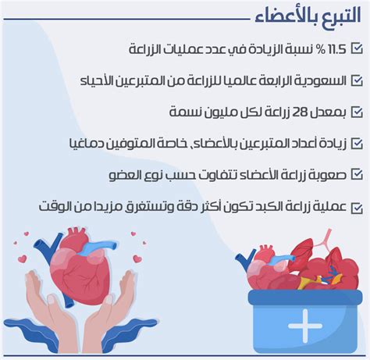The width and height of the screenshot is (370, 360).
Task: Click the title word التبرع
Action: point(342,16)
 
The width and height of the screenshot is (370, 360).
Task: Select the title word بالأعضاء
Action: point(286,16)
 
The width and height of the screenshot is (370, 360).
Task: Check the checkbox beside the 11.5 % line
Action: point(357,48)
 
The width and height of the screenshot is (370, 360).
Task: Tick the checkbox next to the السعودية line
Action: point(357,80)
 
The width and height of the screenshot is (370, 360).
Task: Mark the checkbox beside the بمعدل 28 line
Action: point(357,112)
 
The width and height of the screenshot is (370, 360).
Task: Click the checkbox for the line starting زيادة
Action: point(357,144)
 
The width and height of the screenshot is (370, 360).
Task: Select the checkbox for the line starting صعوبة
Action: point(357,174)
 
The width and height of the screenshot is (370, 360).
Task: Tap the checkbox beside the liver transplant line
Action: point(357,208)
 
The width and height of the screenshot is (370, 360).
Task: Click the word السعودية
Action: point(322,81)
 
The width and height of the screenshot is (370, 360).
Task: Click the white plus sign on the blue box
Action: point(305,326)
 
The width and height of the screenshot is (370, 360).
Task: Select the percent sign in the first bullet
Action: point(322,49)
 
